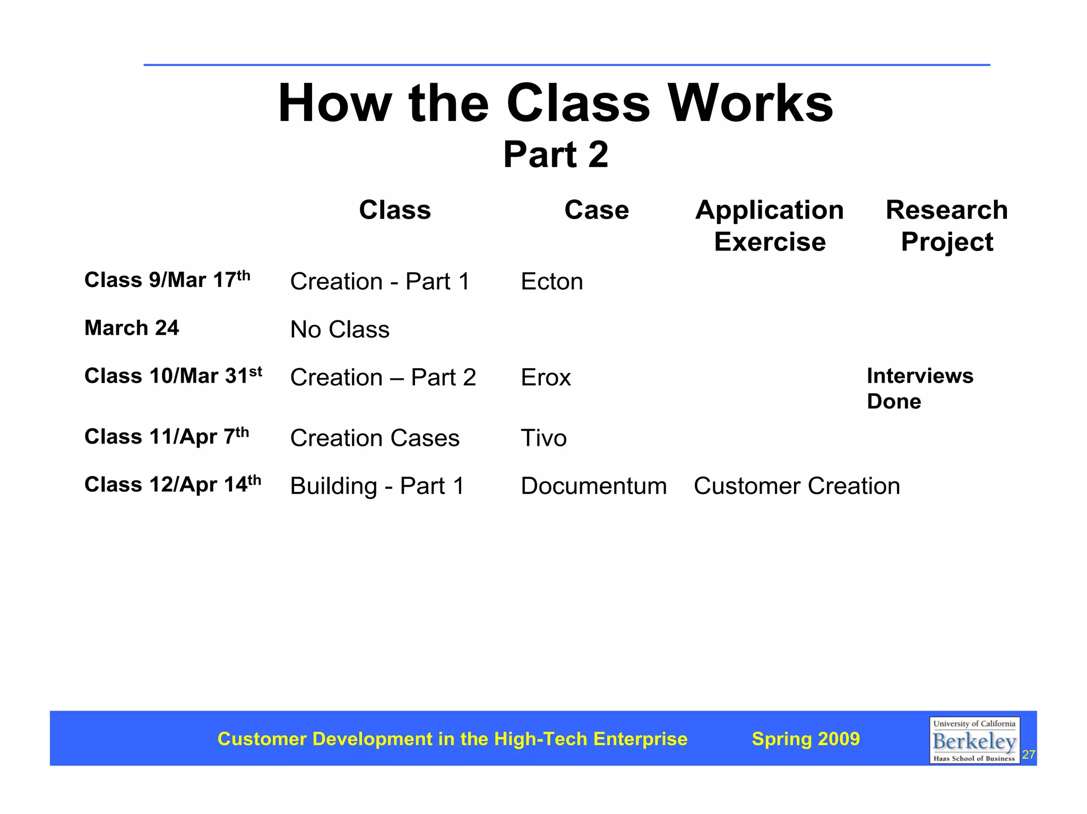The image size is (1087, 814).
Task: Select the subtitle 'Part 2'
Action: [555, 154]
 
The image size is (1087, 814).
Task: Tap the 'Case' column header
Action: [596, 210]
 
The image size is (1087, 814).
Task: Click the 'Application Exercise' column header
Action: [769, 226]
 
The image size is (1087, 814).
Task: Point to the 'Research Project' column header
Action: [946, 226]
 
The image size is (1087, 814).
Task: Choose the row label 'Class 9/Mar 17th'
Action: [167, 280]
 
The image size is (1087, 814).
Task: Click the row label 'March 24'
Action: [132, 328]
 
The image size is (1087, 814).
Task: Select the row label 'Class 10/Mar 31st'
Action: [173, 376]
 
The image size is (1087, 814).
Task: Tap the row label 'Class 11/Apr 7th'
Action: [166, 436]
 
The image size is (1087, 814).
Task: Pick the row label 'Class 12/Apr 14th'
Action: [172, 484]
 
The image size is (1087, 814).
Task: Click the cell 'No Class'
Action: [340, 330]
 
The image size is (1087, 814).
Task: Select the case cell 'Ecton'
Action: [551, 282]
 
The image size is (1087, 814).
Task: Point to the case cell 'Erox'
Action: [546, 378]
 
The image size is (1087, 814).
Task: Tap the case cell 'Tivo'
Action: [543, 438]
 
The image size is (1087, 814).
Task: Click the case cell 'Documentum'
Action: [593, 486]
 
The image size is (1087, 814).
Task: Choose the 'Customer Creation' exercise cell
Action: [796, 486]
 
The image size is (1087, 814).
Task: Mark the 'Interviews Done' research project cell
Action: [919, 388]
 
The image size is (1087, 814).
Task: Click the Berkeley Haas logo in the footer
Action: [974, 740]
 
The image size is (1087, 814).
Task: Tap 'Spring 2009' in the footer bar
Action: [805, 739]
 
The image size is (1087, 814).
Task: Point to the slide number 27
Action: [1029, 755]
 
